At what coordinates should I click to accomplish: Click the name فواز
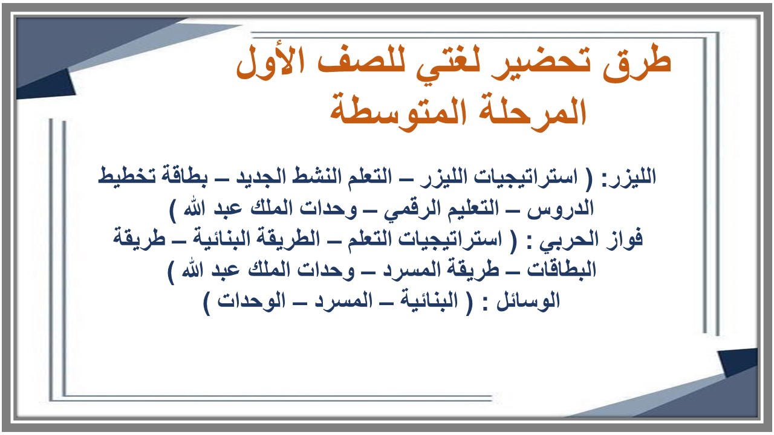tap(625, 239)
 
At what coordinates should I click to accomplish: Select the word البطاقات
tap(563, 270)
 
